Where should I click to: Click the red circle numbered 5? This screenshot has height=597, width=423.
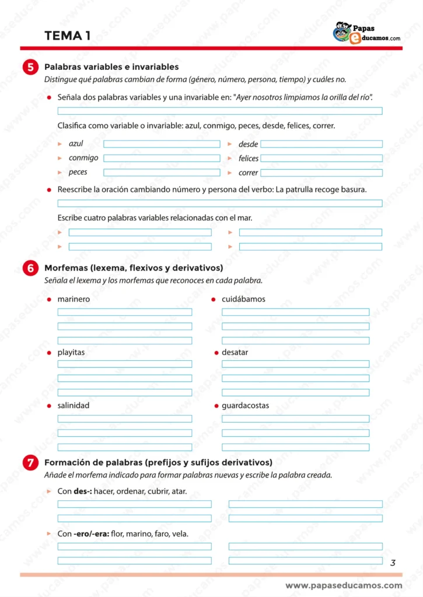31,67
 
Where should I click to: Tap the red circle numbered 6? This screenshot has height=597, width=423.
31,268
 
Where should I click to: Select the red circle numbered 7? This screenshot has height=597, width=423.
31,463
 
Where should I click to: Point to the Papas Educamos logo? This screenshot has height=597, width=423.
366,33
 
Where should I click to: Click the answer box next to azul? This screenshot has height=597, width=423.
162,144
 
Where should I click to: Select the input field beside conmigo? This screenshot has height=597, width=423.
162,158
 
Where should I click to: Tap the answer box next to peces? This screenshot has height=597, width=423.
162,173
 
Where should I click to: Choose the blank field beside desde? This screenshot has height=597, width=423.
321,144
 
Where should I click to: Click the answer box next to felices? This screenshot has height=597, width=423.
321,158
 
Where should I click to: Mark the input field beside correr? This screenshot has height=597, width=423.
321,173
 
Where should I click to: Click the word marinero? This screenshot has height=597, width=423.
74,299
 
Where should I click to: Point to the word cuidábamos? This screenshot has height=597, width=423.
243,299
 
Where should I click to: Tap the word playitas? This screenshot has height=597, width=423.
71,353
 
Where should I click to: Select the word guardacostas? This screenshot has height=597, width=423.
245,405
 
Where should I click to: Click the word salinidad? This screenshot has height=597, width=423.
74,405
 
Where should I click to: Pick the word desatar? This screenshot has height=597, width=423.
235,353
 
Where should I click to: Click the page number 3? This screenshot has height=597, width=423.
393,563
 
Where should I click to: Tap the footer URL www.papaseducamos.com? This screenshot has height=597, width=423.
344,585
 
